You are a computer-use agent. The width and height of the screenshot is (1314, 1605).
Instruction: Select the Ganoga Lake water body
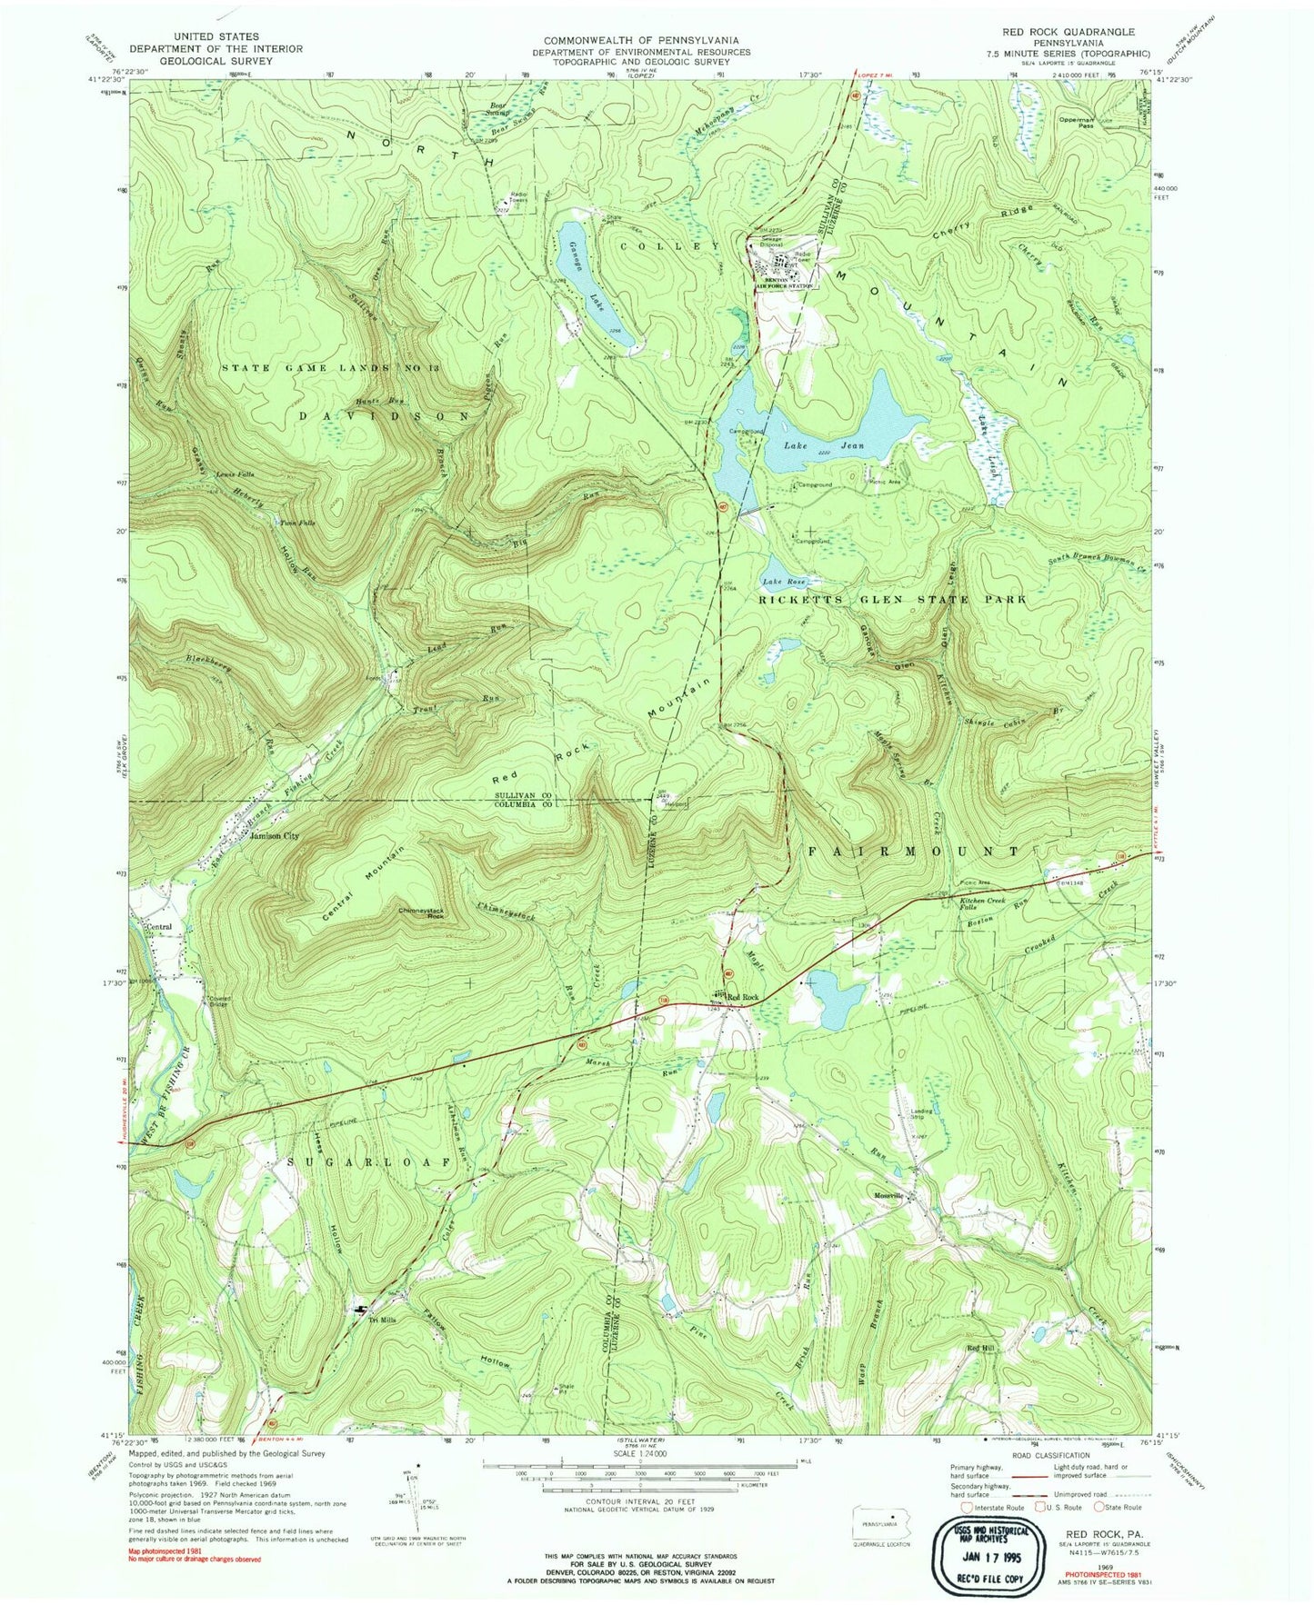point(591,282)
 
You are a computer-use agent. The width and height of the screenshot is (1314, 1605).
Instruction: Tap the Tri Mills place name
point(376,1321)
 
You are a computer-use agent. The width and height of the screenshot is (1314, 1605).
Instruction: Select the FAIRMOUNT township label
point(915,852)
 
